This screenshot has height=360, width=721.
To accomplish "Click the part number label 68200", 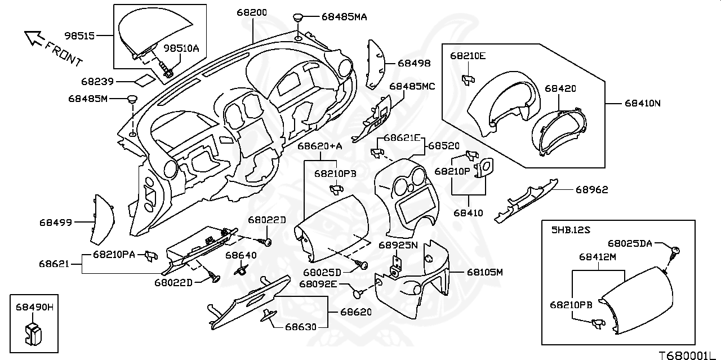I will coord(251,12).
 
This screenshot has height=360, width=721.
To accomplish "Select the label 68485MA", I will coord(344,17).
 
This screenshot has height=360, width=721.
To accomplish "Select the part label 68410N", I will coord(642,103).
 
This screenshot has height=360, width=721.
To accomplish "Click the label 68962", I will coord(591,190).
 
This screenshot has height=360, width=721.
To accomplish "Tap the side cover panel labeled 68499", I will coord(103,217).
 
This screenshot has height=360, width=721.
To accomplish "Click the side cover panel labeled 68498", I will coord(376,65).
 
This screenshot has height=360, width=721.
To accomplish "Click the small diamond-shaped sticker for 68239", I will coord(144,79).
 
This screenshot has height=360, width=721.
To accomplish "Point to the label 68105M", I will coord(484,272).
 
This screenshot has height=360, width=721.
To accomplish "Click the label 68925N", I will coord(398,245).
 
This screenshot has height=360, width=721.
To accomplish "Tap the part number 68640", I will coord(241,255).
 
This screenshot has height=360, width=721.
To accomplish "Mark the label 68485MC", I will coord(412,86).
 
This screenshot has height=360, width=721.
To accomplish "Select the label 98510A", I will coord(181,48).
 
